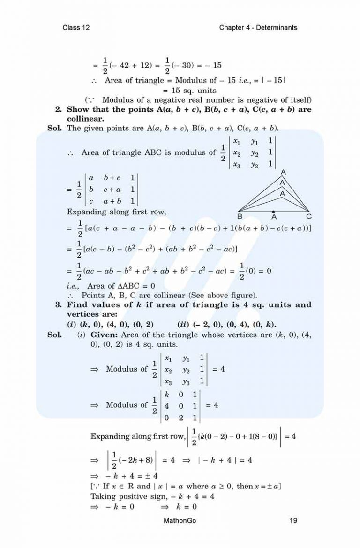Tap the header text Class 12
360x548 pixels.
coord(76,28)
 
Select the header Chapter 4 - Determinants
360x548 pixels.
coord(258,28)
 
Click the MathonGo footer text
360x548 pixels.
coord(180,520)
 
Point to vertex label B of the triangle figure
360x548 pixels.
coord(240,217)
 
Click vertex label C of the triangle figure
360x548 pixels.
coord(309,217)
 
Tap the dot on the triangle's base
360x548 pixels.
coord(274,211)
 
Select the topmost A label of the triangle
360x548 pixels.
coord(283,172)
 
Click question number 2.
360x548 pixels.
coord(59,110)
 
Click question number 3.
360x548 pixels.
coord(59,305)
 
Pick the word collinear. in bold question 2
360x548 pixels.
coord(86,119)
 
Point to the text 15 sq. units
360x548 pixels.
coord(186,90)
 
